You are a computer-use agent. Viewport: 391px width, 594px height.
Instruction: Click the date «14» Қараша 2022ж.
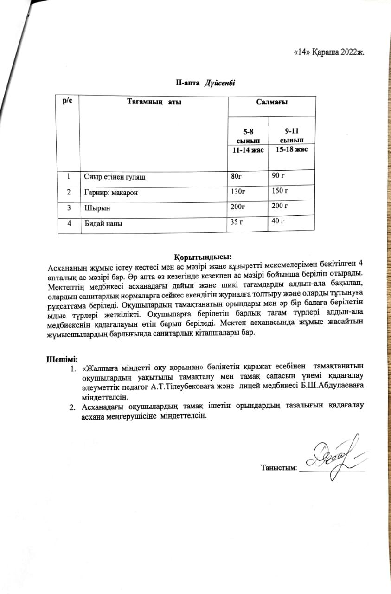pyautogui.click(x=330, y=52)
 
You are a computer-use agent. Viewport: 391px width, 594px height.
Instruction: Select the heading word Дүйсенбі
pyautogui.click(x=220, y=83)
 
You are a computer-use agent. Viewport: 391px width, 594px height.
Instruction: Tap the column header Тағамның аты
pyautogui.click(x=154, y=102)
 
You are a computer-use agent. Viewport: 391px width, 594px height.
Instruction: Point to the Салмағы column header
pyautogui.click(x=271, y=102)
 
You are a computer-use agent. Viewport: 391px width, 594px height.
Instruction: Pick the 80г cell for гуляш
pyautogui.click(x=236, y=176)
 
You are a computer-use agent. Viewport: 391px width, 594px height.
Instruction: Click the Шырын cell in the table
pyautogui.click(x=94, y=207)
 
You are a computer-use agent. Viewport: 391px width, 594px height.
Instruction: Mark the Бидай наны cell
pyautogui.click(x=103, y=223)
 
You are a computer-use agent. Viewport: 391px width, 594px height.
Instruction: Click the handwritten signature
pyautogui.click(x=330, y=455)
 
